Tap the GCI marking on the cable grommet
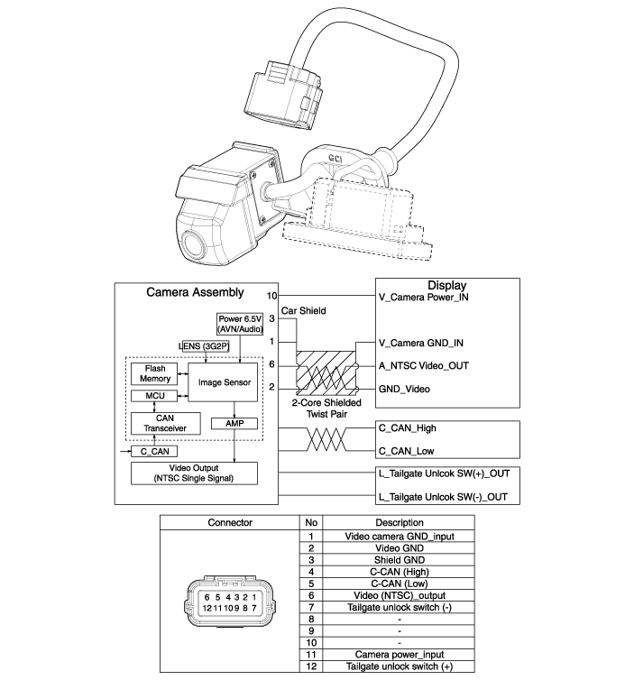[x=335, y=159]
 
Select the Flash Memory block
[x=154, y=374]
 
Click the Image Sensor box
[x=223, y=382]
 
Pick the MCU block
[x=154, y=396]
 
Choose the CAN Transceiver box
[x=165, y=423]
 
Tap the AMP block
[x=234, y=423]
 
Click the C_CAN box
[x=154, y=452]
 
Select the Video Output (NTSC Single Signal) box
[x=194, y=473]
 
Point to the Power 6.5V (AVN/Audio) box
[x=240, y=324]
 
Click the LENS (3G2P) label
[x=204, y=346]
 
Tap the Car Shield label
[x=304, y=310]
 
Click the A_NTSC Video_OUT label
[x=424, y=365]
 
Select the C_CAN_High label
[x=408, y=428]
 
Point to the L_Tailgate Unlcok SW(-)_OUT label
[x=443, y=497]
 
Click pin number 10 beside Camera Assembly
[x=271, y=296]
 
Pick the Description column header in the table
[x=399, y=522]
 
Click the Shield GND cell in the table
[x=399, y=560]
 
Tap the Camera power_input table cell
[x=399, y=655]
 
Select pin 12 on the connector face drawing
[x=207, y=608]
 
